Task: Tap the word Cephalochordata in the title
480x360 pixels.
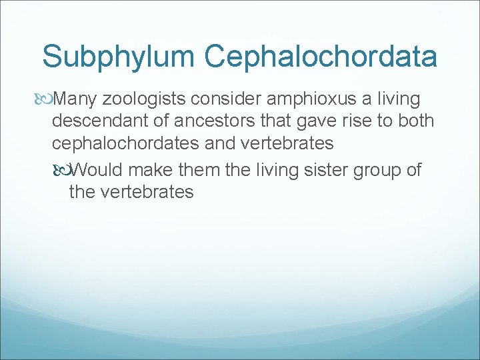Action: pos(321,57)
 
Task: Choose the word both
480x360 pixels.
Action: pos(415,121)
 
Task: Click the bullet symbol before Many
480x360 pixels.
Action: pos(46,100)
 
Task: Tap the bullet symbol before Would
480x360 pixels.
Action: pos(63,170)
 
